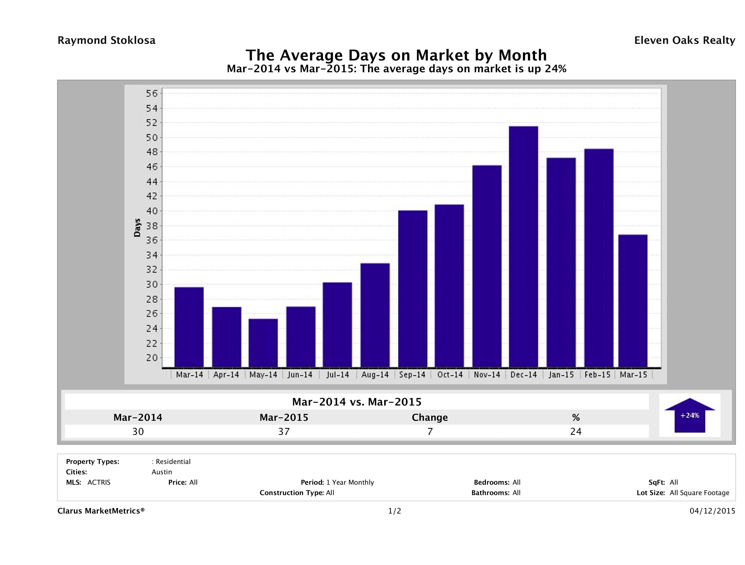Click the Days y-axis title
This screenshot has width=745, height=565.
[137, 228]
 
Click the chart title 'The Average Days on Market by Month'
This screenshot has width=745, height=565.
[396, 55]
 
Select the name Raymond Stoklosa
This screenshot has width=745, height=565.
[106, 40]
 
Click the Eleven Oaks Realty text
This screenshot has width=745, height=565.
[684, 40]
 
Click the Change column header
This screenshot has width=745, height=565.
[430, 418]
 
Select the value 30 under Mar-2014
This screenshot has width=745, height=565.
[138, 431]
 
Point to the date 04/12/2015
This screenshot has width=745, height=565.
[712, 511]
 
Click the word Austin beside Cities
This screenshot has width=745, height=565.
[162, 472]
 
